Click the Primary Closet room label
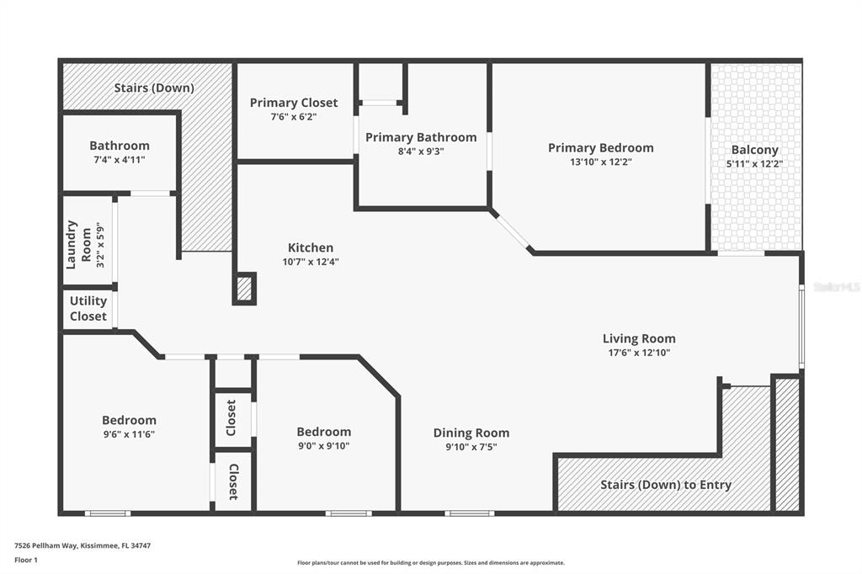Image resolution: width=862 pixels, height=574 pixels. (x=294, y=103)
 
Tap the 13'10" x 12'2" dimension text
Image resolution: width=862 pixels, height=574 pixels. (x=601, y=162)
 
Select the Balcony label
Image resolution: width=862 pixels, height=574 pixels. (x=755, y=150)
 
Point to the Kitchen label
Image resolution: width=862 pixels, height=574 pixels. (x=311, y=248)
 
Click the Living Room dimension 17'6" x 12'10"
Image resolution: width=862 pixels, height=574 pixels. (x=639, y=353)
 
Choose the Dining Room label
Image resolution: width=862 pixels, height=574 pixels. (x=471, y=433)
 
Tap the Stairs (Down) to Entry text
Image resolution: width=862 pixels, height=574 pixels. (x=666, y=485)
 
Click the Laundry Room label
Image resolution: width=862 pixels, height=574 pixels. (x=79, y=245)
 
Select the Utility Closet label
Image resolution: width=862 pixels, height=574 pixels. (x=88, y=308)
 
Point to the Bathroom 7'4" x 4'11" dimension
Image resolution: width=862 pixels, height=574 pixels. (x=120, y=160)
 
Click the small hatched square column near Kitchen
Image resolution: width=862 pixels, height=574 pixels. (x=244, y=289)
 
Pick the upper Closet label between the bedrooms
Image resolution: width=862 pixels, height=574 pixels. (x=231, y=417)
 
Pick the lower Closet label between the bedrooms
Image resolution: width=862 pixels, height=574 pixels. (x=233, y=481)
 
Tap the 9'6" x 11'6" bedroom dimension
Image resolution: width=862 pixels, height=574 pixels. (x=129, y=434)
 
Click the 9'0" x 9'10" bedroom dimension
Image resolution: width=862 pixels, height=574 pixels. (x=324, y=446)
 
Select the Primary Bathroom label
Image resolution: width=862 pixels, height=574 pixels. (x=421, y=137)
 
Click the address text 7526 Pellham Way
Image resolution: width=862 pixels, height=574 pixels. (x=47, y=546)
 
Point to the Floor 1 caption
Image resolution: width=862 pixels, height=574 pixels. (x=26, y=561)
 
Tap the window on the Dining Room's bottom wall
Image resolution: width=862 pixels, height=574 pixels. (x=470, y=513)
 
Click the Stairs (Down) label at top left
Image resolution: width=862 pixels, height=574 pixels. (x=154, y=88)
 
